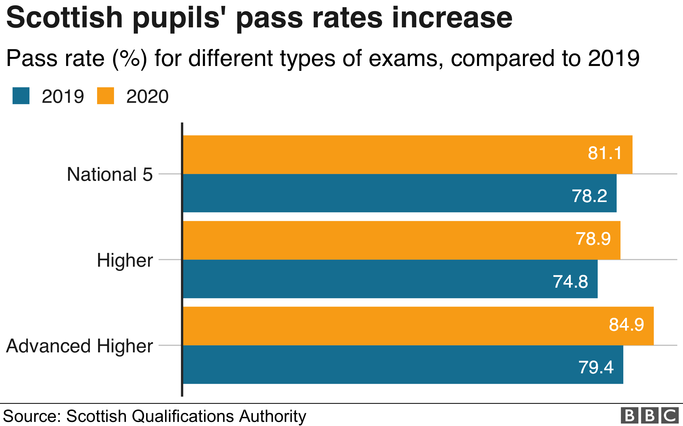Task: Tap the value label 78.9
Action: [593, 239]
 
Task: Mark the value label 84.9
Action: [626, 324]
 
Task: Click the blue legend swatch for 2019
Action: [21, 96]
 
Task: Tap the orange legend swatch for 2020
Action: [105, 96]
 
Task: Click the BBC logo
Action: [649, 415]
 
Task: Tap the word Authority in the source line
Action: [273, 417]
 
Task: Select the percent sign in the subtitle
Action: [130, 59]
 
